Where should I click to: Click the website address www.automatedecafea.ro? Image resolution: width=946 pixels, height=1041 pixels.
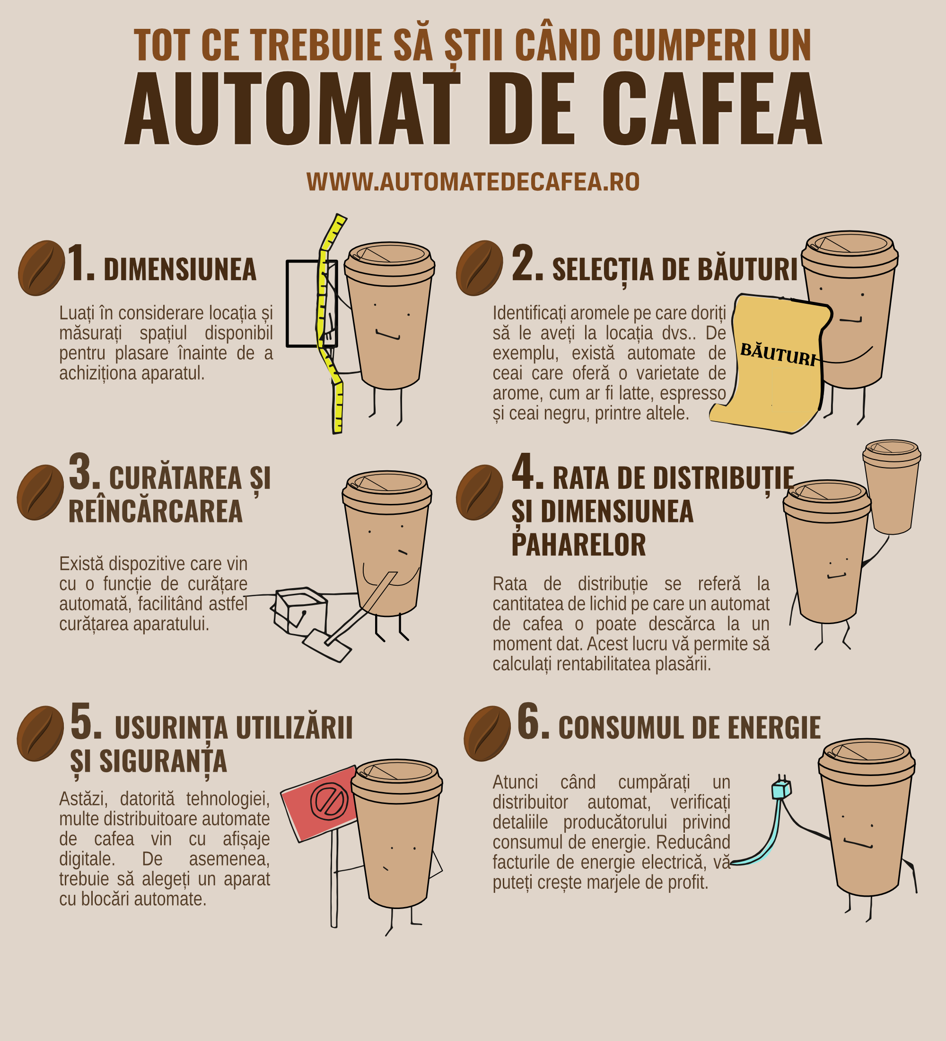(x=473, y=182)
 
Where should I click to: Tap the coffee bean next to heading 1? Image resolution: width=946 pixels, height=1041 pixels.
(x=41, y=267)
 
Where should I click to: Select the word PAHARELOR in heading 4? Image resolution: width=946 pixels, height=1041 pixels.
(x=578, y=545)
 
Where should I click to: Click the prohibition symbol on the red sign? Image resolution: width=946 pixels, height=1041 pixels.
(x=329, y=801)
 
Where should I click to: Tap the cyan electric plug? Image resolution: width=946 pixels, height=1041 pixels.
(x=781, y=790)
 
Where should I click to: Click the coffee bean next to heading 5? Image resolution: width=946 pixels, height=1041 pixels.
(x=40, y=733)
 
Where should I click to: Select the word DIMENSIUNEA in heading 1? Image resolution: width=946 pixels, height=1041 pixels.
(x=180, y=270)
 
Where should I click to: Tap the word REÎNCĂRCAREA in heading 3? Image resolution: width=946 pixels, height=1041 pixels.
(x=155, y=511)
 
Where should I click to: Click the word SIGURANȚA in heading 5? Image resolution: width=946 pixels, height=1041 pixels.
(x=163, y=761)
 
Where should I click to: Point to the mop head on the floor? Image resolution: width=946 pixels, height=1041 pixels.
(x=326, y=645)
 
